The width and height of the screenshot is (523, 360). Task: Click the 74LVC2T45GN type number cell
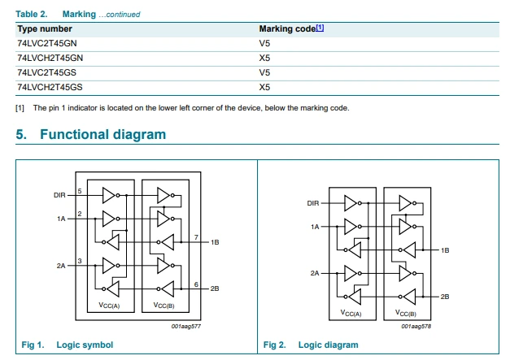[47, 43]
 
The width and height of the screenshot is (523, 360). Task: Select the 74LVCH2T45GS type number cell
[50, 87]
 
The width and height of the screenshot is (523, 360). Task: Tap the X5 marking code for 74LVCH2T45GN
[264, 58]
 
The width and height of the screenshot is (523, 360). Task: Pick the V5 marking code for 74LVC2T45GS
[264, 72]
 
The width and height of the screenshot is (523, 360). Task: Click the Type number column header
[45, 29]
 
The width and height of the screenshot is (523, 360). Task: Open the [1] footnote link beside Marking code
[320, 28]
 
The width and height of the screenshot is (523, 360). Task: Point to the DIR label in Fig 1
[59, 195]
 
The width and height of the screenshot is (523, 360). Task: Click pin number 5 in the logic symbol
[80, 191]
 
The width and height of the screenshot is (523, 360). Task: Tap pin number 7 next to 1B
[196, 237]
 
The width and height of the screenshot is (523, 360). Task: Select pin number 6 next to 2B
[196, 284]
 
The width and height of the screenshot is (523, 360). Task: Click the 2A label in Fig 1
[61, 266]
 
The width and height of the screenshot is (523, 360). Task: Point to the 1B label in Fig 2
[445, 250]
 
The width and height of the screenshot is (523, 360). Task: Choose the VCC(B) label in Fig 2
[406, 313]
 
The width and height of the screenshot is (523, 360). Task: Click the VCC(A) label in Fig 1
[109, 305]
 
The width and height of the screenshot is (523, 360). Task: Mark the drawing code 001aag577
[186, 327]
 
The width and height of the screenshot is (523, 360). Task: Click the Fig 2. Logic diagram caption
[311, 345]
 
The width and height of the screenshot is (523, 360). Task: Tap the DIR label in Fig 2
[313, 203]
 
